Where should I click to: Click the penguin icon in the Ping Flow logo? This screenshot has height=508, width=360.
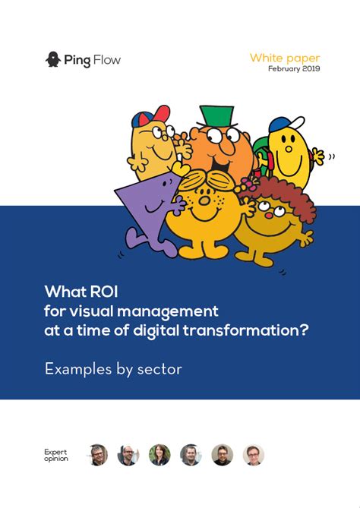point(53,59)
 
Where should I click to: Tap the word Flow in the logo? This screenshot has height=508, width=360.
point(106,60)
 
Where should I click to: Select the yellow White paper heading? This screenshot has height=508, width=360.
point(285,58)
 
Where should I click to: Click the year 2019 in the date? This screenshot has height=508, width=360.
point(311,68)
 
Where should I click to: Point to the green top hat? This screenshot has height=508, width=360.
point(217,116)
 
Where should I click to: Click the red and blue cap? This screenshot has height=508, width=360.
point(150,116)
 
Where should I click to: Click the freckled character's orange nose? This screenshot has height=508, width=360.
point(204,201)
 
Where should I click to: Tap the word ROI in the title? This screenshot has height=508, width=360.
point(104,292)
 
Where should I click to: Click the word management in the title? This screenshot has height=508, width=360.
point(168,311)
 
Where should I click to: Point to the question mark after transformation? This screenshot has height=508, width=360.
point(303,330)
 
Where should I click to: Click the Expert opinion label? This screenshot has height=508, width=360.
point(56,455)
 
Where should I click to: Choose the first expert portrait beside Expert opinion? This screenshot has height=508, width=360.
point(97,455)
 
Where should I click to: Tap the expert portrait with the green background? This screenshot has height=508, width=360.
point(159,455)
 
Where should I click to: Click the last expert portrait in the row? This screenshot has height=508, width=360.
point(254,455)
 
